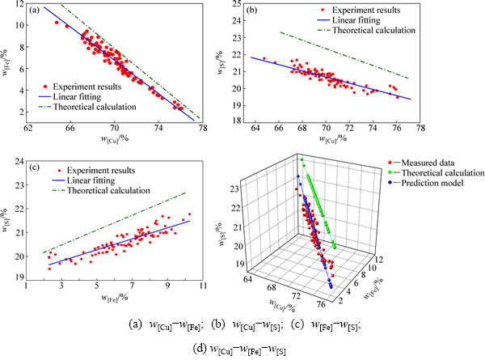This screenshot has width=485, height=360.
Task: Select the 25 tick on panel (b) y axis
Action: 235,4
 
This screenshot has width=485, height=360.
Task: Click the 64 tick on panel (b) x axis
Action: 255,127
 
